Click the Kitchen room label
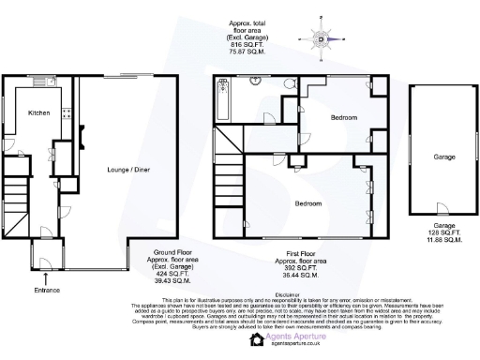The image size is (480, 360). coord(38,112)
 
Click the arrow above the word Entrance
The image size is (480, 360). coord(46,277)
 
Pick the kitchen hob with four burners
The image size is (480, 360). coord(66,116)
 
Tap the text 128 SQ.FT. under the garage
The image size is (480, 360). coord(443,232)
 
